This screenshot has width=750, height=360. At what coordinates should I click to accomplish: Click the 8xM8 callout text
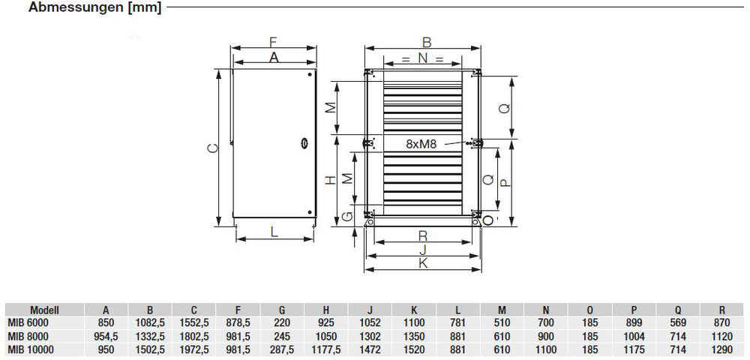point(421,145)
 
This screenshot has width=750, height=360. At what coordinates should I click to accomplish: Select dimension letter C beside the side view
point(212,148)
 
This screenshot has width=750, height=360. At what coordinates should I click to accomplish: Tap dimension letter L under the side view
point(274,232)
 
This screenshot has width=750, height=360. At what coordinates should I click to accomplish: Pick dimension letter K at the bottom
point(423,263)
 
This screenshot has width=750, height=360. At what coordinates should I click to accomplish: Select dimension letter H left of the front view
point(329,181)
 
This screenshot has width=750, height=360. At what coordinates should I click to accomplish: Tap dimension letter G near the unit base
point(346,217)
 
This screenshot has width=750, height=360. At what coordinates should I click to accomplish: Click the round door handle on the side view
point(304,142)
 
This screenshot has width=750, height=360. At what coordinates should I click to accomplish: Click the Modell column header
point(44,310)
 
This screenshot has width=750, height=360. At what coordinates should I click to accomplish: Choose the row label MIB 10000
point(31,349)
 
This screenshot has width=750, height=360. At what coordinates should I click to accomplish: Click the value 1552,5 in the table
point(193,323)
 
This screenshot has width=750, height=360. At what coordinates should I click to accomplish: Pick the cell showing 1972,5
point(193,349)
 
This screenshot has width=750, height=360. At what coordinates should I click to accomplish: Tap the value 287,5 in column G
point(282,349)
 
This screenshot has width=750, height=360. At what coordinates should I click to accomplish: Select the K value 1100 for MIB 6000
point(414,323)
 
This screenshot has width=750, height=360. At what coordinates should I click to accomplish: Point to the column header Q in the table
point(678,310)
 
